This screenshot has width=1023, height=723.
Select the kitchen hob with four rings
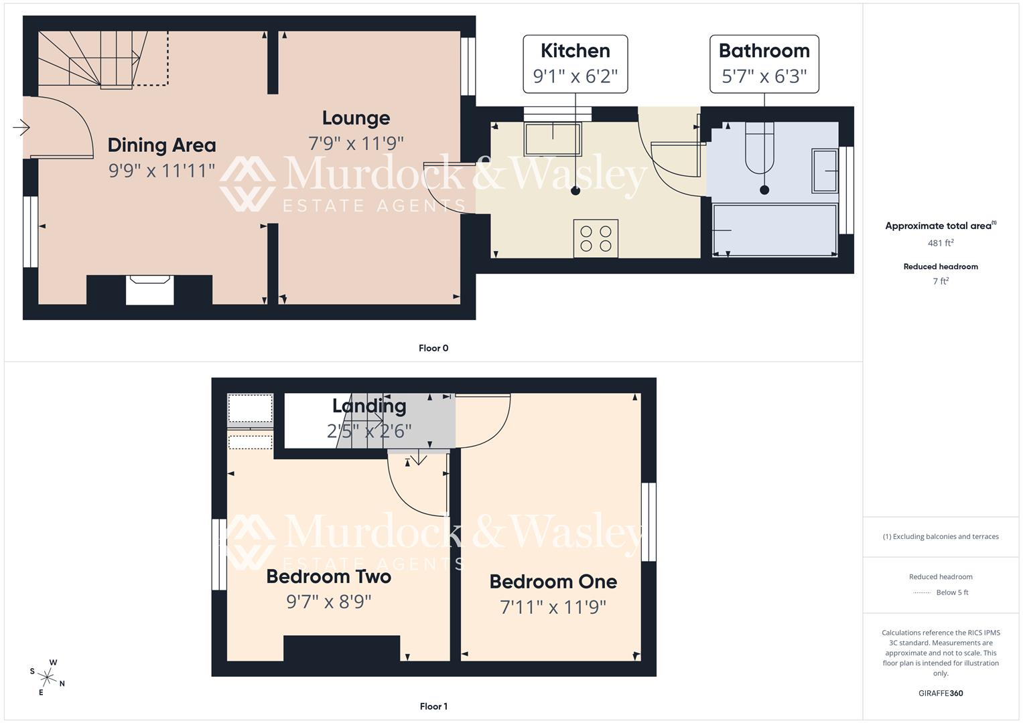[596, 238]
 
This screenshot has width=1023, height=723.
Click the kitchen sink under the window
[553, 139]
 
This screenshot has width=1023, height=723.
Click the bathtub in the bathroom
[774, 230]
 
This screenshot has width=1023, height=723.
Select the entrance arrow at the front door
[21, 127]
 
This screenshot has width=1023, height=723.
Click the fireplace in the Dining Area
[150, 291]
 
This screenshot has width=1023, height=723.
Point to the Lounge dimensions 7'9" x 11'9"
[356, 143]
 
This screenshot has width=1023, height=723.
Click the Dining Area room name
[161, 145]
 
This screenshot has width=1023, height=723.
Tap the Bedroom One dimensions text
[553, 607]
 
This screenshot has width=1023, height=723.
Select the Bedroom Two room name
[328, 576]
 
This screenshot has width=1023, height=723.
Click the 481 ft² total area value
[940, 243]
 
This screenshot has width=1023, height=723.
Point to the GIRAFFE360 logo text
[940, 693]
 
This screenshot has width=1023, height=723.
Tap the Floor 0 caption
[433, 348]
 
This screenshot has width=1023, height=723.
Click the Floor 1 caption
[433, 706]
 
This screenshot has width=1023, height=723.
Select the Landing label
[369, 406]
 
